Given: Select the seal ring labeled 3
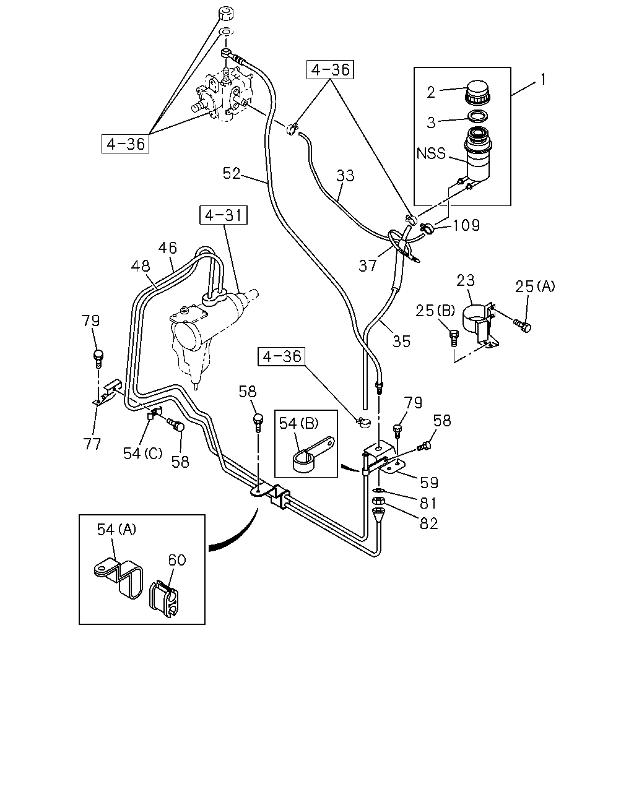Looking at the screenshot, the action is pyautogui.click(x=479, y=116).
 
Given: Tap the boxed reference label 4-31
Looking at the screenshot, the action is pyautogui.click(x=224, y=215).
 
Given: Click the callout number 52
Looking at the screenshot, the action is pyautogui.click(x=232, y=173).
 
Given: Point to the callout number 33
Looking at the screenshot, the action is pyautogui.click(x=345, y=176).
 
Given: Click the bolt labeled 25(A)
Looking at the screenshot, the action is pyautogui.click(x=523, y=325).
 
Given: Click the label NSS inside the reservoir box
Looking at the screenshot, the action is pyautogui.click(x=431, y=153).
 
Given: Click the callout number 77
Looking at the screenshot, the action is pyautogui.click(x=92, y=445).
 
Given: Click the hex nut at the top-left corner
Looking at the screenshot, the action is pyautogui.click(x=226, y=14).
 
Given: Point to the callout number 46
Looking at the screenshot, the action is pyautogui.click(x=167, y=247).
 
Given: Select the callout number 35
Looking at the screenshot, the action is pyautogui.click(x=401, y=342).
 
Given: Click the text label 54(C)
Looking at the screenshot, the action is pyautogui.click(x=142, y=454).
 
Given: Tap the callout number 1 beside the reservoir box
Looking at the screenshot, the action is pyautogui.click(x=542, y=79).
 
